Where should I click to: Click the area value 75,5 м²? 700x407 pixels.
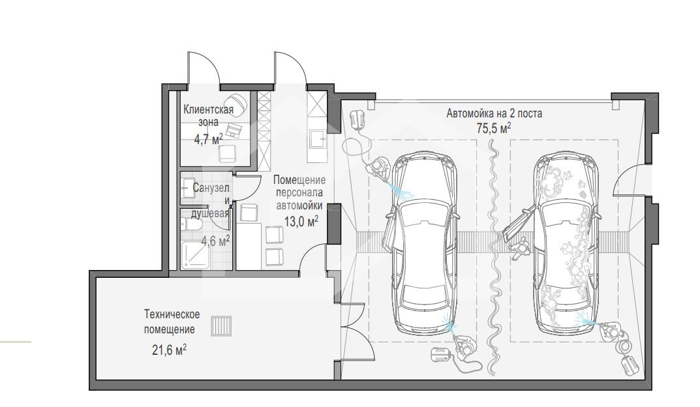(x=494, y=128)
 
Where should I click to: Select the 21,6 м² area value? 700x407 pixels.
(x=169, y=350)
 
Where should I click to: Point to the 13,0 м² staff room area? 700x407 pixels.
(x=301, y=221)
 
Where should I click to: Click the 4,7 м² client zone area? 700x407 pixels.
(x=208, y=139)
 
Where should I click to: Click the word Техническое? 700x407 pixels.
(x=172, y=314)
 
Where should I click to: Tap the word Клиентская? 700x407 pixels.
(x=209, y=110)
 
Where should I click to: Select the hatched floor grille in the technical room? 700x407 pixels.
(x=221, y=325)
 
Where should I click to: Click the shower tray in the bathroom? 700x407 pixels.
(x=196, y=255)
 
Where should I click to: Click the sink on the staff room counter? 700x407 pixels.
(x=318, y=138)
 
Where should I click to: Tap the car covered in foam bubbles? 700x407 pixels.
(x=566, y=244)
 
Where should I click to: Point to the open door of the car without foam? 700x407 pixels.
(x=389, y=232)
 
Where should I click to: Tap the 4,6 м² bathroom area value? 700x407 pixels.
(x=216, y=241)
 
